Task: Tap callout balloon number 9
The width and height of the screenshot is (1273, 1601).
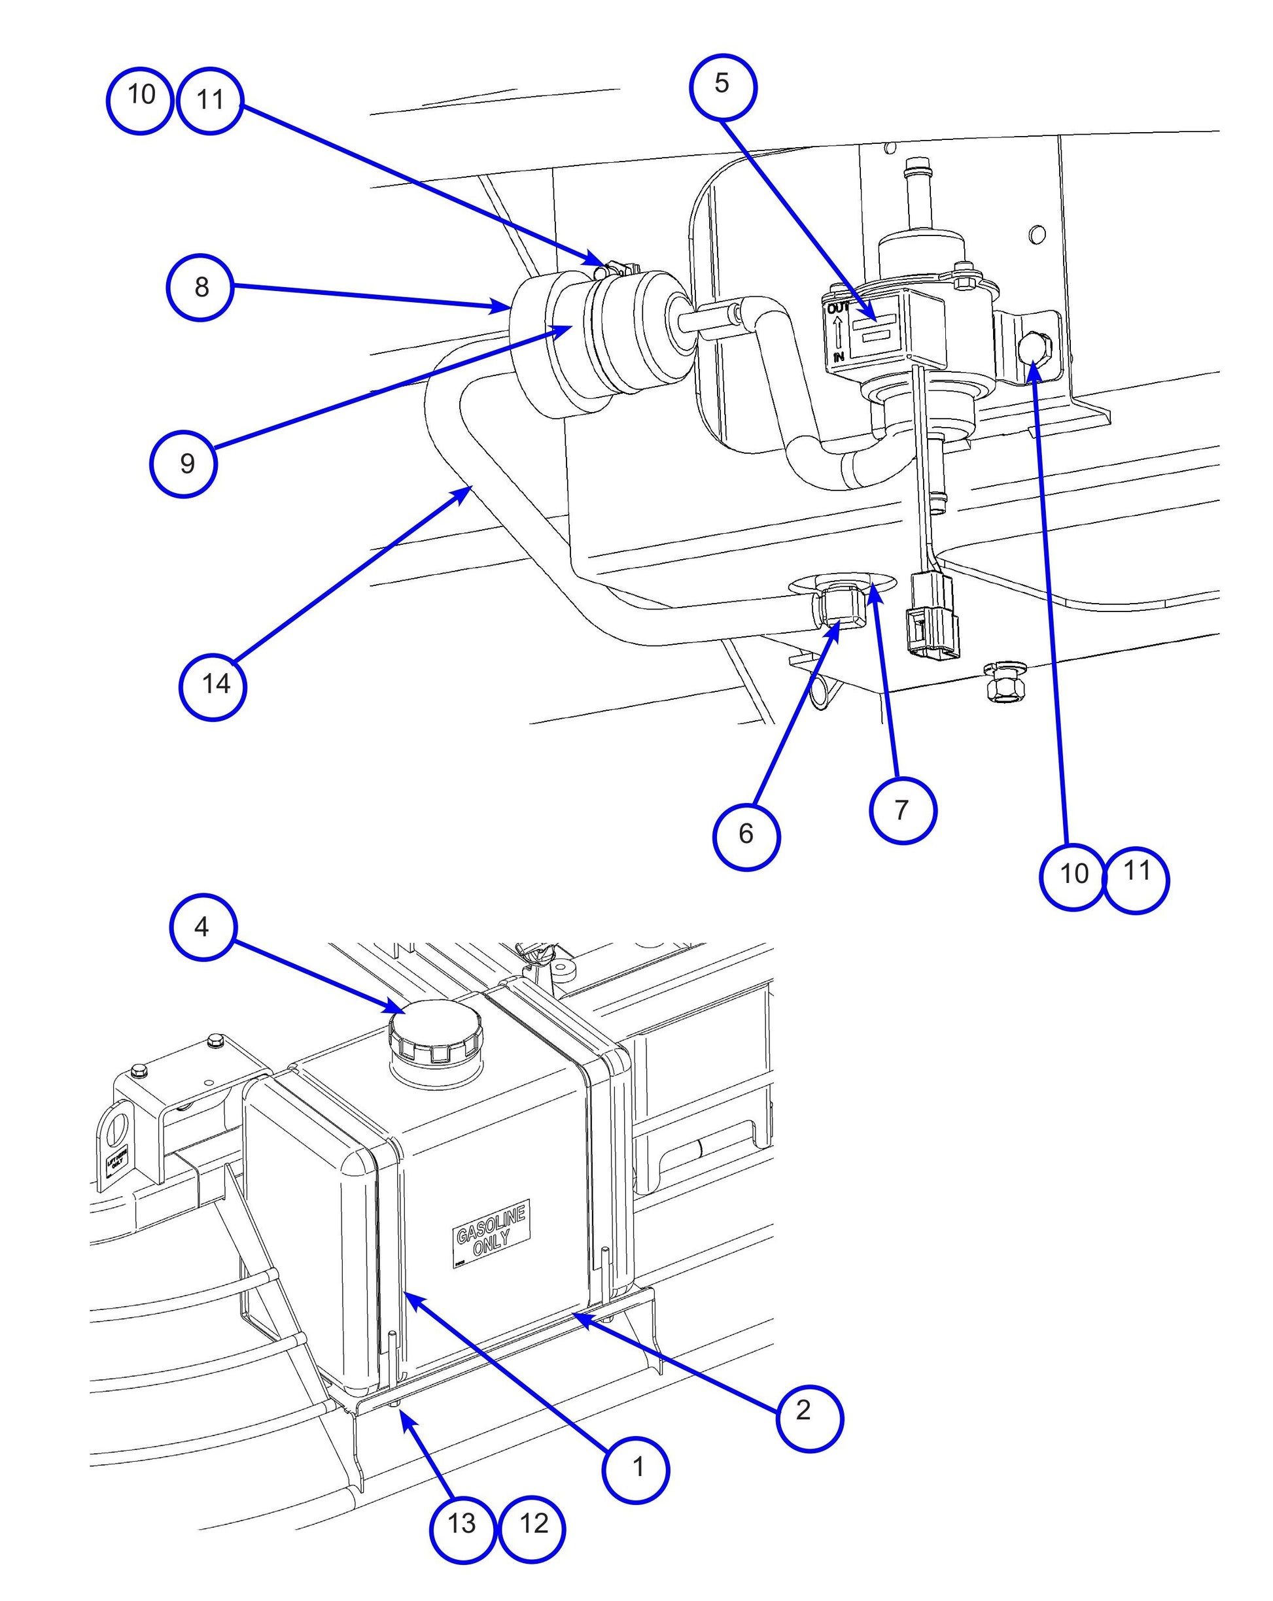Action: [183, 464]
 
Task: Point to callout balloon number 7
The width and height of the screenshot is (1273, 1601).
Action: [901, 810]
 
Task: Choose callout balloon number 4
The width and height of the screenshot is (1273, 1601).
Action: [203, 927]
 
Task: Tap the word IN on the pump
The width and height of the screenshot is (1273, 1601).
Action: [839, 357]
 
